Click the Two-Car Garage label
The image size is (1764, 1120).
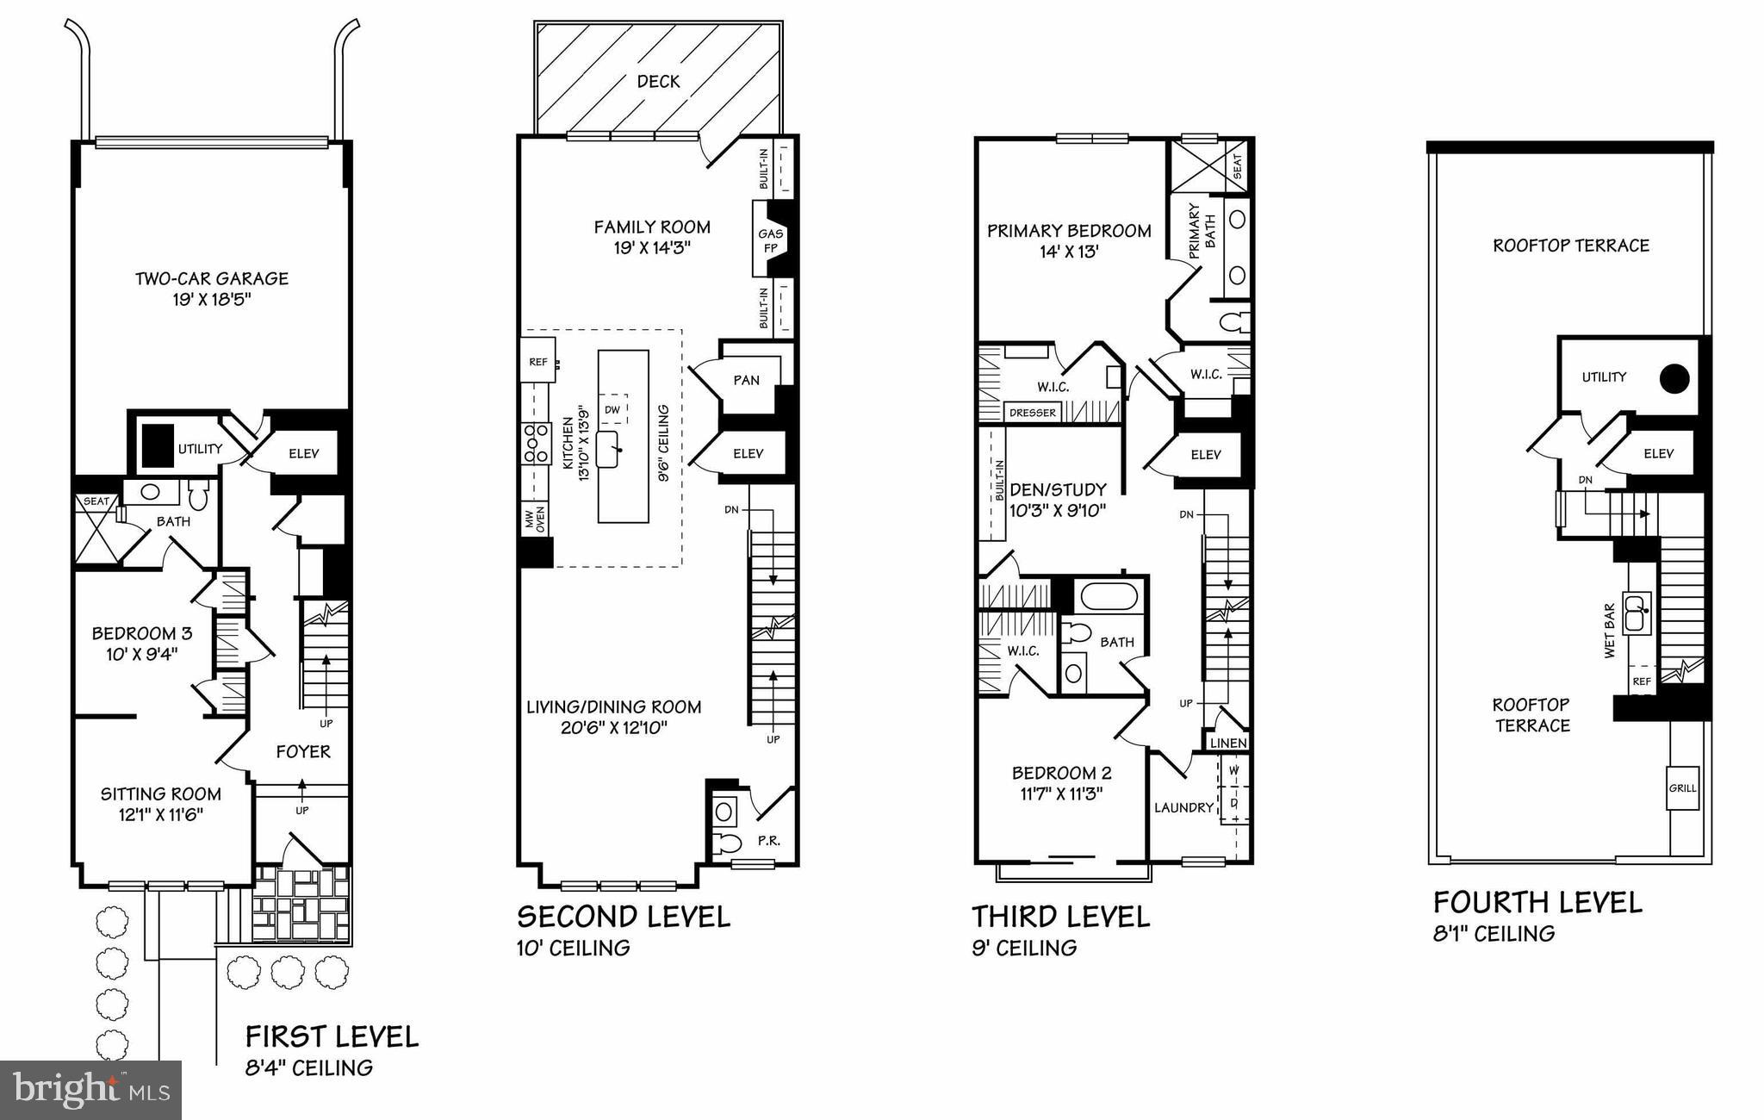point(211,279)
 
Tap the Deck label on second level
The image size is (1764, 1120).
point(658,82)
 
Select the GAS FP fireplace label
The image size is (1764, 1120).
point(770,241)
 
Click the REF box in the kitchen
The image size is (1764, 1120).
point(537,362)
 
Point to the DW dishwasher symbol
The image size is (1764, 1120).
point(612,409)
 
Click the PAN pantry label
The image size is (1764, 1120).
point(746,380)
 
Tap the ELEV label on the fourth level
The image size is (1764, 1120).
point(1658,453)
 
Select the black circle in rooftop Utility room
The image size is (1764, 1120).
point(1674,379)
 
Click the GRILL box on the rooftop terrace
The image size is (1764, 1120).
point(1682,787)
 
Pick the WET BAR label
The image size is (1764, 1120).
point(1609,631)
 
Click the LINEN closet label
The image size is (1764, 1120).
point(1227,743)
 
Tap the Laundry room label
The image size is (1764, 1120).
point(1183,807)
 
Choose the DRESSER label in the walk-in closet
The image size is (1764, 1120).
point(1032,413)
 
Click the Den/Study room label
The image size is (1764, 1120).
point(1057,489)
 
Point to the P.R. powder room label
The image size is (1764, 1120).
point(768,840)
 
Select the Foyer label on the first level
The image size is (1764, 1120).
point(302,751)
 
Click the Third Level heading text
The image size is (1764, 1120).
point(1060,916)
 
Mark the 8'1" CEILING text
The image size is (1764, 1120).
point(1494,933)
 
